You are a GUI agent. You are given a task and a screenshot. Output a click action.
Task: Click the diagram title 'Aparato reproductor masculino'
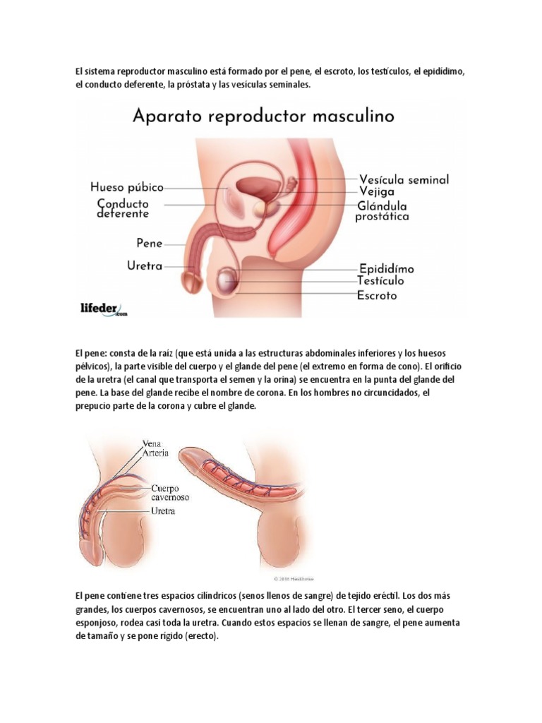coord(264,116)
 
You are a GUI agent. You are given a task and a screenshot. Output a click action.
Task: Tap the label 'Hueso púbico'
coord(127,188)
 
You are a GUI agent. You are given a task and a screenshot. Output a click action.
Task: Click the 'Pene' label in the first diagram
coord(149,243)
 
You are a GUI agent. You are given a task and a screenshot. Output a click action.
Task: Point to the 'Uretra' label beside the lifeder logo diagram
coord(144,266)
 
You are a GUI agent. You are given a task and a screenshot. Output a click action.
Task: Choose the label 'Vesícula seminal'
coord(404,179)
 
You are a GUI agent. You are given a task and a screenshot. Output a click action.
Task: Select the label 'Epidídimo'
coord(387,269)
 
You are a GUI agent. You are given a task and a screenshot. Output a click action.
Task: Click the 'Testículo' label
coord(385,281)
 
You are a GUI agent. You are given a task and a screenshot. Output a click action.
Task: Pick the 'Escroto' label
coord(378,295)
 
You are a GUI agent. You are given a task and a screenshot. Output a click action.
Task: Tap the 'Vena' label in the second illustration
coord(152,443)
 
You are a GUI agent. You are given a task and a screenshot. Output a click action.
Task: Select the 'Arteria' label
coord(155,453)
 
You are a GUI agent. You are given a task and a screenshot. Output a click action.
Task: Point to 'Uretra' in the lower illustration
coord(163,510)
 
